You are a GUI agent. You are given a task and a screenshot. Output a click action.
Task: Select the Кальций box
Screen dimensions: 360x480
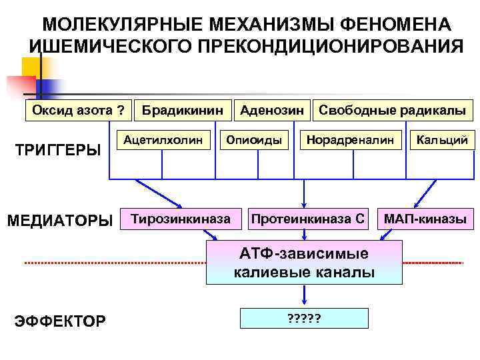[x=443, y=140]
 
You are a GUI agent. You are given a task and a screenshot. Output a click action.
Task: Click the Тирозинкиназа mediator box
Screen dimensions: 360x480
[x=181, y=219]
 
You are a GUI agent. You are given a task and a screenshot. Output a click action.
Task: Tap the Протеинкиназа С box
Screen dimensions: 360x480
[x=307, y=219]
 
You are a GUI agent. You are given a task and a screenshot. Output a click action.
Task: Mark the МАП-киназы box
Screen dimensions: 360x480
[x=425, y=219]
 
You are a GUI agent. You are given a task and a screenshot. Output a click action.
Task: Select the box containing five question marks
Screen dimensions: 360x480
[x=304, y=319]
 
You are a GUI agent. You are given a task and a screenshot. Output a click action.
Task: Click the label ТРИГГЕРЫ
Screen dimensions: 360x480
[x=57, y=149]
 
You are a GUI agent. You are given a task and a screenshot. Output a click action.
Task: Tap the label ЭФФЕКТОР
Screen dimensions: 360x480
[x=59, y=322]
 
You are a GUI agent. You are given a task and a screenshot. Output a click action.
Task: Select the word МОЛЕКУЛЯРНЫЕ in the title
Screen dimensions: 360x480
[x=123, y=24]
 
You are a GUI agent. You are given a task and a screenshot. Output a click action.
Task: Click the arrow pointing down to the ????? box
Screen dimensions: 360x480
[x=304, y=296]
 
